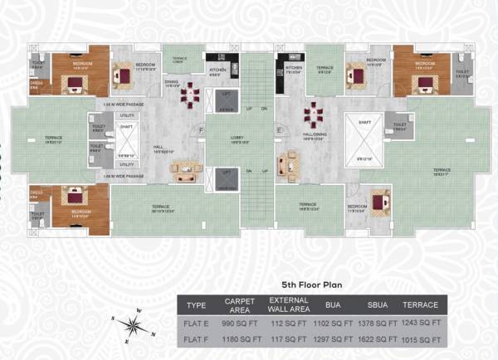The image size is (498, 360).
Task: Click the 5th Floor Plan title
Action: tap(311, 283)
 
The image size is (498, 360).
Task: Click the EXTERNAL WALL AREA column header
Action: tap(289, 304)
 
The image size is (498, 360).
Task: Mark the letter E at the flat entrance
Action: tap(279, 130)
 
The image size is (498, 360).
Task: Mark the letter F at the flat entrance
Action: tap(202, 130)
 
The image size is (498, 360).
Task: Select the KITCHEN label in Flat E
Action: tap(294, 67)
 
